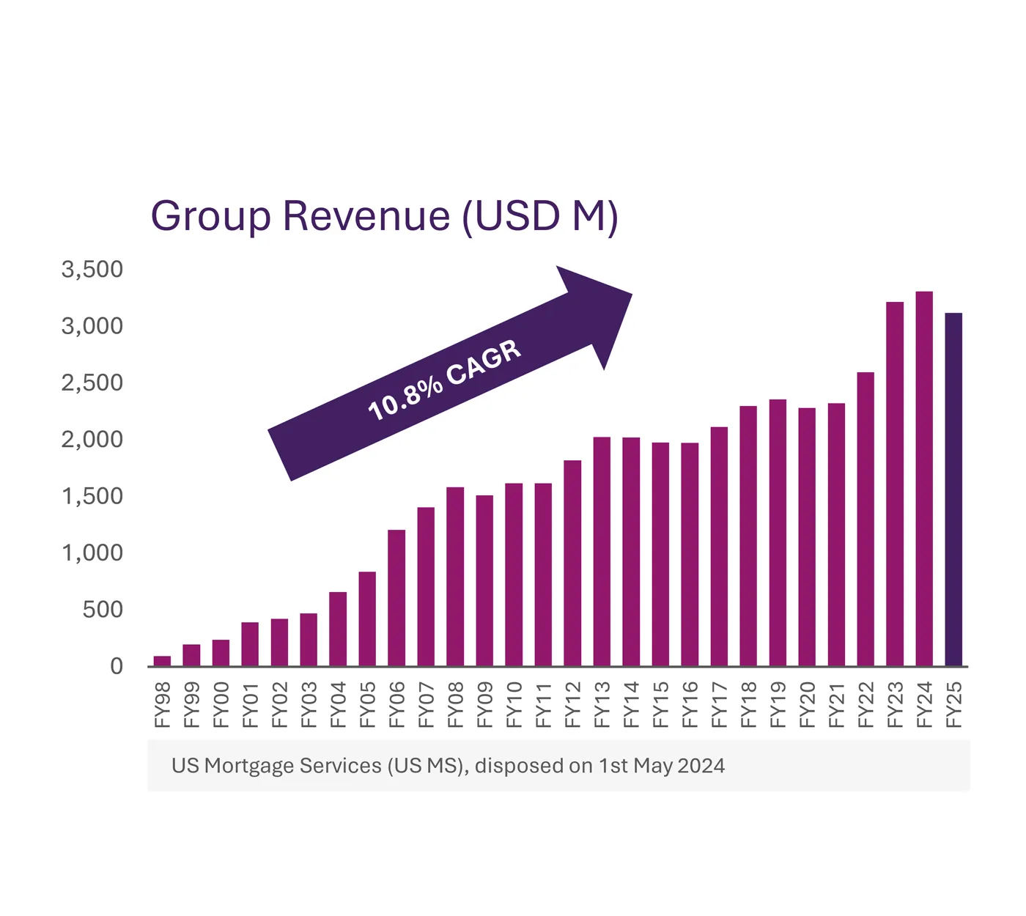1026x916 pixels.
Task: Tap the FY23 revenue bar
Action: [895, 484]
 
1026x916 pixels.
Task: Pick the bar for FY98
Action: [162, 661]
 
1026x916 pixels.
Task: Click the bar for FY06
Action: [396, 597]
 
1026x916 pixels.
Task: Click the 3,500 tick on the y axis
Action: [92, 270]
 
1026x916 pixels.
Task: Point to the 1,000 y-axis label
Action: [92, 553]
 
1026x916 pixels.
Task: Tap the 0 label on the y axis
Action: [117, 666]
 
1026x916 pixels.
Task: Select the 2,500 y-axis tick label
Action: [92, 383]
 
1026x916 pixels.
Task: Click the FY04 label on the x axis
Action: [339, 705]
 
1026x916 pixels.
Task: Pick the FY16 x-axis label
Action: [690, 705]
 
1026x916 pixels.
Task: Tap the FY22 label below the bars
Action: [866, 705]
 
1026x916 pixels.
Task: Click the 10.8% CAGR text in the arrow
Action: [444, 380]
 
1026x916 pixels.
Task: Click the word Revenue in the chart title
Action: [366, 216]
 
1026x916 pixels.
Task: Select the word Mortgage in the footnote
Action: [250, 766]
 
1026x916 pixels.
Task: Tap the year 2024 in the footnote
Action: [701, 766]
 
